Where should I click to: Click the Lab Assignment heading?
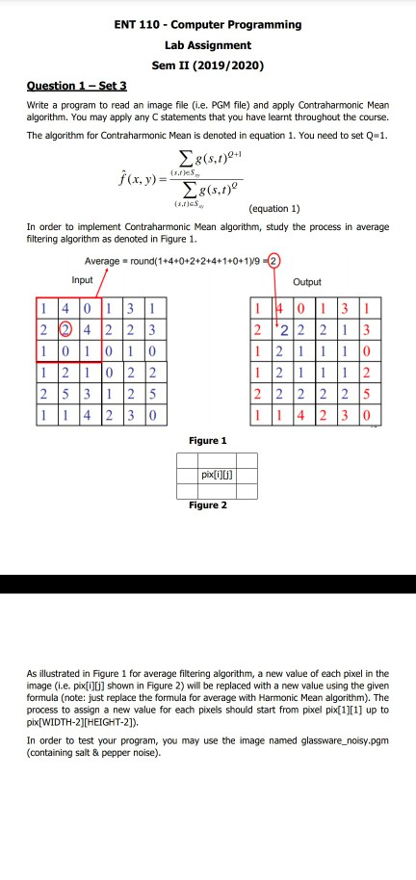click(208, 45)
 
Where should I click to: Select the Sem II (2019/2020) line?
click(208, 65)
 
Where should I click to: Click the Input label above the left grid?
click(84, 253)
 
